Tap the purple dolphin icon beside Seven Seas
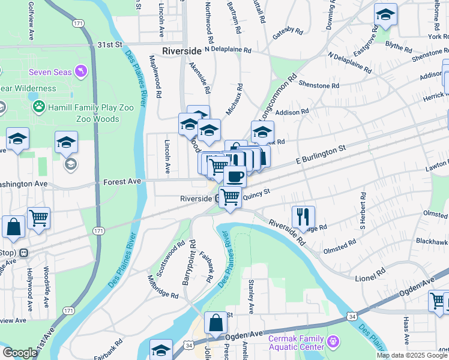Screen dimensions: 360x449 81,72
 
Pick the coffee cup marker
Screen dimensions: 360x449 235,176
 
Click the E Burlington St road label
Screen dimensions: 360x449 321,155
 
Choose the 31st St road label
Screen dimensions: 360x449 110,44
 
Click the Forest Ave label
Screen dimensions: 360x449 122,181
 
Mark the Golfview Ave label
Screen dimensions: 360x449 30,21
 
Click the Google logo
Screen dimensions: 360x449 20,353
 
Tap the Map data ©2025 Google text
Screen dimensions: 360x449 412,355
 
